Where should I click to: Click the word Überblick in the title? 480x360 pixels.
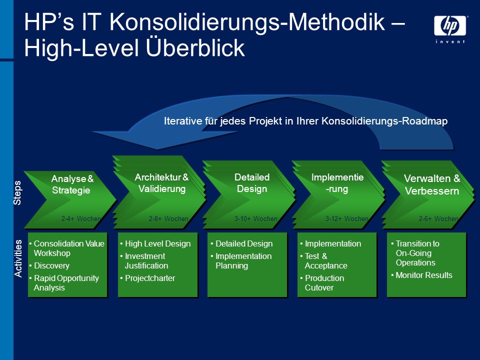coord(195,47)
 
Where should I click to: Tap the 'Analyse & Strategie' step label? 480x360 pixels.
coord(72,184)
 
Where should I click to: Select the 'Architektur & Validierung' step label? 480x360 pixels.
coord(161,183)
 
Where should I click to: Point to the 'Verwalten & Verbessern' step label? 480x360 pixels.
coord(432,184)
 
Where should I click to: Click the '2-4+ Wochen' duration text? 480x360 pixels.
coord(81,218)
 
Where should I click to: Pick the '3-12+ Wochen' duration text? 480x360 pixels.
coord(346,218)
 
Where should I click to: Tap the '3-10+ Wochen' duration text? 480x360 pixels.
coord(255,218)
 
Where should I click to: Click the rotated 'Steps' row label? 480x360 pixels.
coord(17,192)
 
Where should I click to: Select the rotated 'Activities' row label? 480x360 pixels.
coord(18,258)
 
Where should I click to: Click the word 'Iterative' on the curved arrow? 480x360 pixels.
coord(183,121)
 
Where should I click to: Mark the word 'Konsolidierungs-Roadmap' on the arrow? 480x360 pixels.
coord(384,121)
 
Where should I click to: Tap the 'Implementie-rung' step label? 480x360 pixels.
coord(337,183)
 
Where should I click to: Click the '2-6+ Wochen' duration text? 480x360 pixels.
coord(438,218)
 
